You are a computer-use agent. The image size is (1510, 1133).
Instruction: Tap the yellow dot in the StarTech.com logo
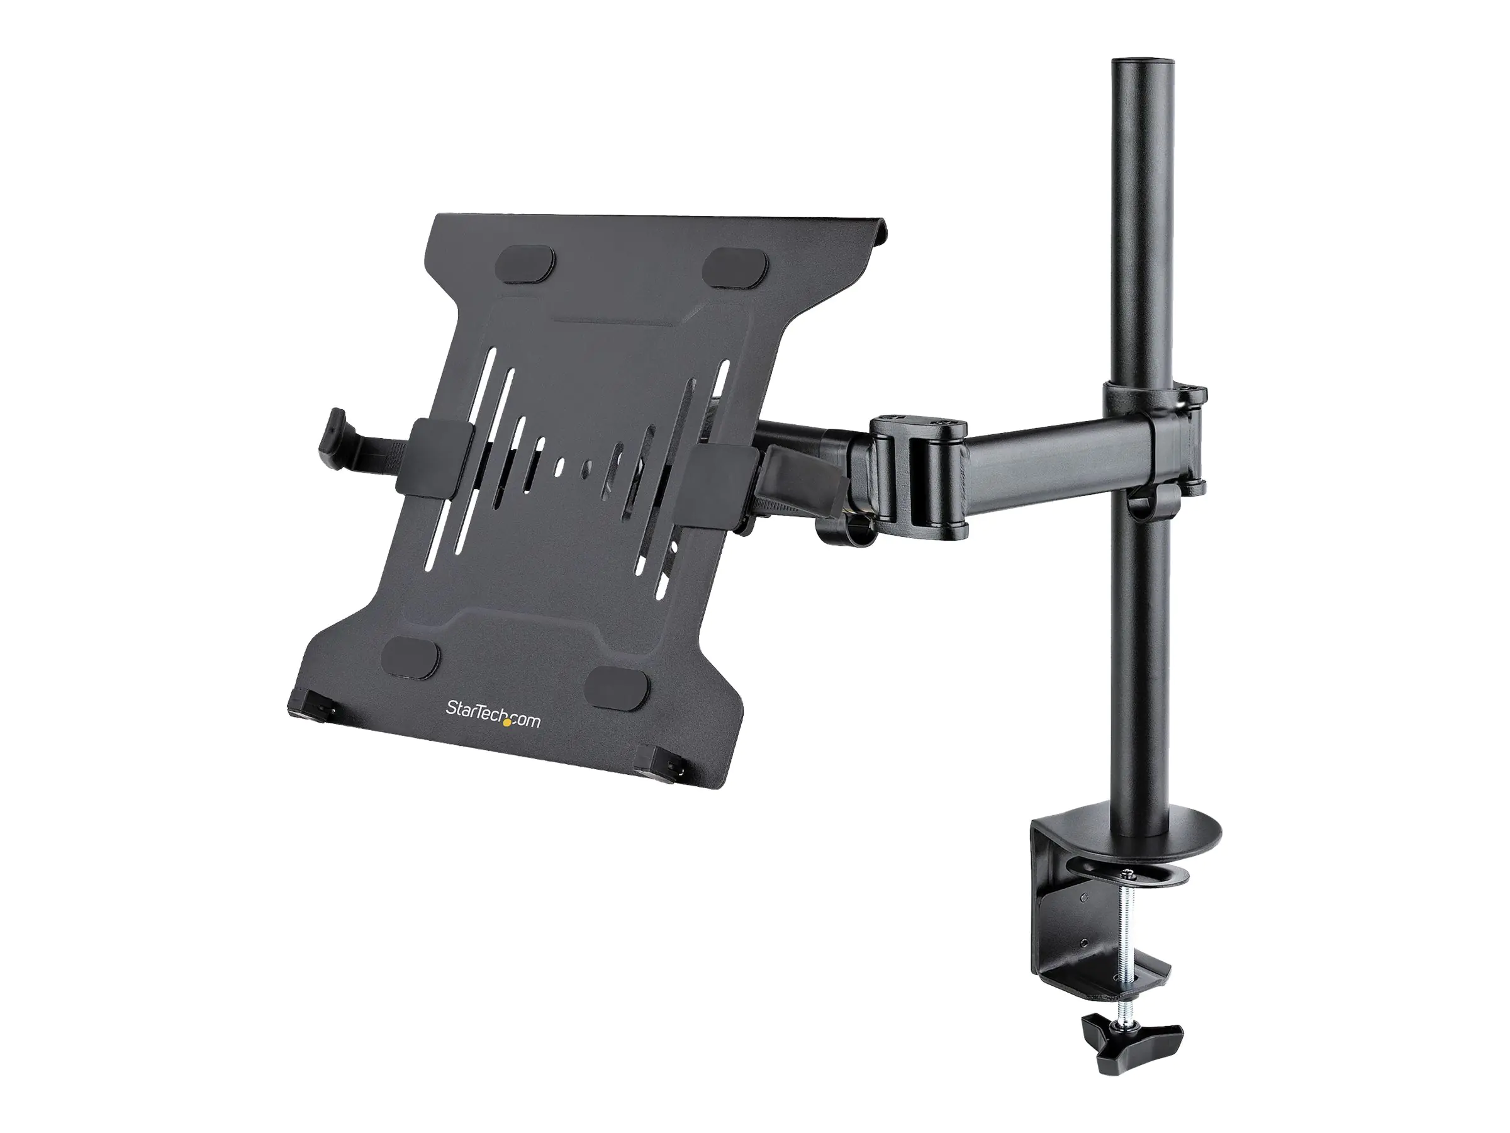[506, 725]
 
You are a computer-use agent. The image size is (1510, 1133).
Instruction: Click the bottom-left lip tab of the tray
[311, 704]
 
